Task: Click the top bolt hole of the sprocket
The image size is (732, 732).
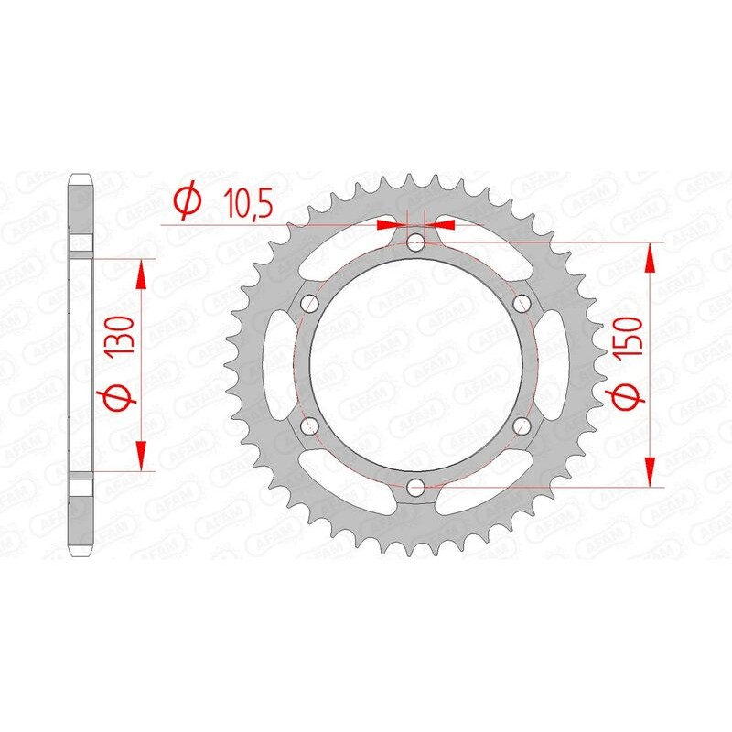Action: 416,242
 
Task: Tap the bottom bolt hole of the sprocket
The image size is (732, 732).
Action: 416,485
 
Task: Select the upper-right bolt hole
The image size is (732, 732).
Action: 522,303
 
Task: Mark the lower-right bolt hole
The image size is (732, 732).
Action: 522,425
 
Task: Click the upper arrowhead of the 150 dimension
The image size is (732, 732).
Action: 651,257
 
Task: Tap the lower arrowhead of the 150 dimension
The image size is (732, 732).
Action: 651,470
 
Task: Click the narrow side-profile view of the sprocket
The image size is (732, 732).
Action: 81,366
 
